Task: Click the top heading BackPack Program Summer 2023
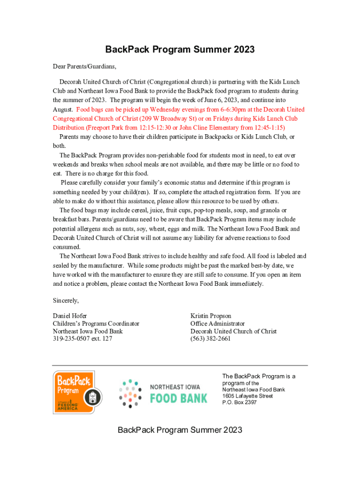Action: (x=180, y=50)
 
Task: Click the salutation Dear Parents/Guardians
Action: (x=84, y=66)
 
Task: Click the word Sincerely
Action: (x=66, y=300)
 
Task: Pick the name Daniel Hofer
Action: (x=70, y=316)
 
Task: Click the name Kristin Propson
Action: (x=211, y=316)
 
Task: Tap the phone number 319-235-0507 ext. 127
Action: (x=82, y=339)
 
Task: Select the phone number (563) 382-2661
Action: (x=210, y=339)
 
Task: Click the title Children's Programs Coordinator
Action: (x=96, y=323)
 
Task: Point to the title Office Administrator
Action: (x=217, y=323)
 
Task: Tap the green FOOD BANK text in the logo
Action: (x=178, y=398)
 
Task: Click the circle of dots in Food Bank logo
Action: (x=130, y=393)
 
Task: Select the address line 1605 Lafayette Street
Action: (x=247, y=396)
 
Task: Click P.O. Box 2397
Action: (x=239, y=402)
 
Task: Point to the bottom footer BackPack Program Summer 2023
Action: (x=180, y=430)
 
